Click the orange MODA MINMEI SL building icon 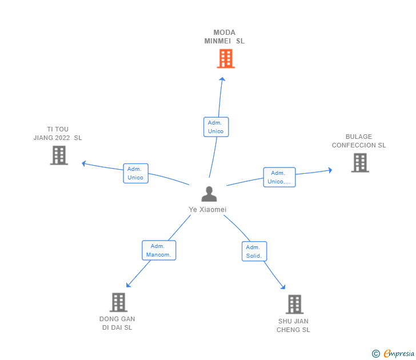point(226,58)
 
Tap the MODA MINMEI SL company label point(225,37)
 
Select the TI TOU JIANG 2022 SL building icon point(59,155)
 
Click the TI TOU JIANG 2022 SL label point(58,133)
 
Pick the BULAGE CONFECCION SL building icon point(359,162)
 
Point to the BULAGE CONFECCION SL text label point(359,141)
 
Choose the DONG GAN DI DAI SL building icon point(118,302)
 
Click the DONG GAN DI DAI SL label point(117,323)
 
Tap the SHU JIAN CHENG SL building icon point(294,304)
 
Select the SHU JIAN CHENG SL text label point(293,325)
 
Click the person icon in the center point(209,194)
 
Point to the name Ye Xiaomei point(208,210)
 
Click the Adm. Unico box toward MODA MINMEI point(216,127)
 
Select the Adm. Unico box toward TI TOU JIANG point(135,173)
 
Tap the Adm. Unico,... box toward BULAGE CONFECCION point(279,178)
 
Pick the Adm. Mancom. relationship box point(159,250)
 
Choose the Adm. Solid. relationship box point(254,251)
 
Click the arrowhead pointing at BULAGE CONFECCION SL point(330,170)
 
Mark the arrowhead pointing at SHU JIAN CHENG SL point(282,287)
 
